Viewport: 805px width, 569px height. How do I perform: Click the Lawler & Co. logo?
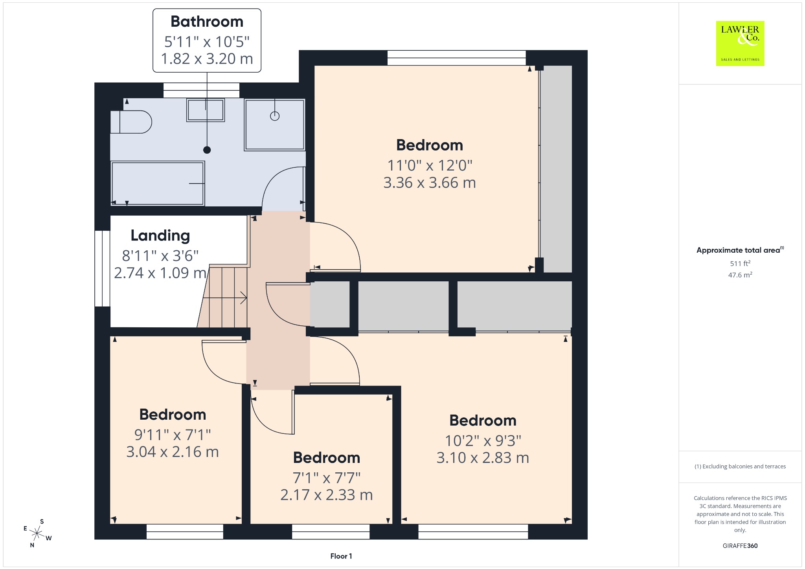(x=740, y=43)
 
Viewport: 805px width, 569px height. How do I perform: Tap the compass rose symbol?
(x=37, y=533)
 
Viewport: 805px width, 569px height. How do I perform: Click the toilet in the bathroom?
(x=131, y=122)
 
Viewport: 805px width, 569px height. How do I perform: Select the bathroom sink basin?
(x=206, y=110)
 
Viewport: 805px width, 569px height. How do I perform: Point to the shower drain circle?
(x=275, y=116)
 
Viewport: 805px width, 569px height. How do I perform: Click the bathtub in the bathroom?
(x=158, y=183)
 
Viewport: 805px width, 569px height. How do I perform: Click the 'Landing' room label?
(x=160, y=235)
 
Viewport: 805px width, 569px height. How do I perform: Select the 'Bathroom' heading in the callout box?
(x=207, y=22)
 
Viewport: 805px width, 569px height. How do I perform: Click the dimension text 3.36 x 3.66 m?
(x=430, y=183)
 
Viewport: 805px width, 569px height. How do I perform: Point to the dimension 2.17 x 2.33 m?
(x=327, y=495)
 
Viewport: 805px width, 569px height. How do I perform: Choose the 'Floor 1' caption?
(x=341, y=556)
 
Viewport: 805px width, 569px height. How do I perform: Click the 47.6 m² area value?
(x=740, y=275)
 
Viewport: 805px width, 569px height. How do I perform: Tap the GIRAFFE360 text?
(x=740, y=546)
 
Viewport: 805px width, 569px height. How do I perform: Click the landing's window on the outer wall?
(x=102, y=268)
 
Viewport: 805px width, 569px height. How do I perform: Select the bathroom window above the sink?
(x=201, y=90)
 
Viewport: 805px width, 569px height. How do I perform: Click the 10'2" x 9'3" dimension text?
(x=483, y=441)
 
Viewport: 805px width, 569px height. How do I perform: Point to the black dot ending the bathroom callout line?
(x=207, y=150)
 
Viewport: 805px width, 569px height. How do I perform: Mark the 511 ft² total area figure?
(x=740, y=263)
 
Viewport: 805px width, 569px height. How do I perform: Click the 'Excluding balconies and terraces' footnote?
(x=740, y=466)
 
